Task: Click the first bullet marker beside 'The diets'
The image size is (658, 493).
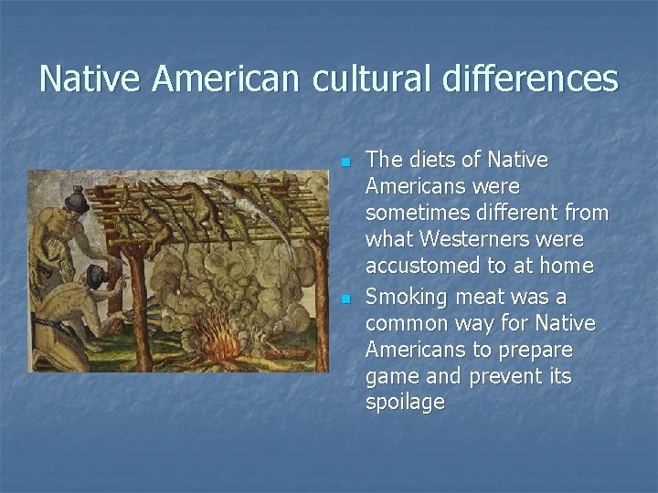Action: (x=345, y=163)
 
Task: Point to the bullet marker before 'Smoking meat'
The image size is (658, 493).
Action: (x=345, y=299)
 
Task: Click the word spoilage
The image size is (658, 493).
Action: (x=405, y=403)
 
